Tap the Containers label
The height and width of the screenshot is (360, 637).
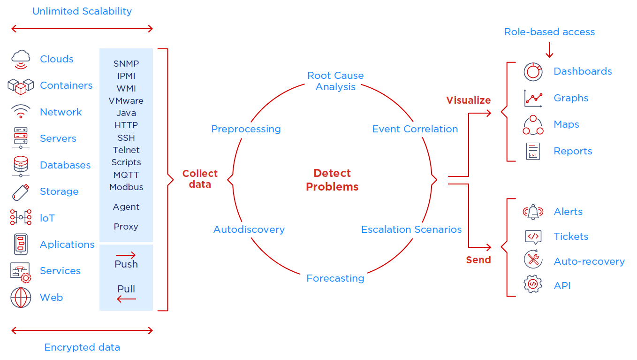(66, 85)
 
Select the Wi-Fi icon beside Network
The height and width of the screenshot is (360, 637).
(21, 112)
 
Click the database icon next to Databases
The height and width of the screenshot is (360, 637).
(21, 165)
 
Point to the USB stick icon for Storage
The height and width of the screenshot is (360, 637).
(21, 191)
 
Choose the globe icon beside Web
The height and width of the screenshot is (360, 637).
(21, 298)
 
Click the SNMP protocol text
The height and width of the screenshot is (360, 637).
(126, 63)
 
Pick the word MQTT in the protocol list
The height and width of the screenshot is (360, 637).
(126, 175)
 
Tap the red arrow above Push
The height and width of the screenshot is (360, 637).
(126, 255)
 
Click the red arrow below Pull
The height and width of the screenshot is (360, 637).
(126, 299)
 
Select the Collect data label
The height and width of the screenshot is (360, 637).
(200, 179)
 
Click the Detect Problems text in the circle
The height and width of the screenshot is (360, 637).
(332, 180)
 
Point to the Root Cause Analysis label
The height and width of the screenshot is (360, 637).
(335, 81)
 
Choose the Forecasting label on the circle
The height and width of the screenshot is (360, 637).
(335, 278)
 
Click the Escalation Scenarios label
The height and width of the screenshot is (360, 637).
(411, 230)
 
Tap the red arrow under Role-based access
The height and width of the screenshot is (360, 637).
(549, 49)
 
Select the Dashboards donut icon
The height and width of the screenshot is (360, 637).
(533, 71)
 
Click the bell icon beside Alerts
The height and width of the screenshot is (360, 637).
(533, 212)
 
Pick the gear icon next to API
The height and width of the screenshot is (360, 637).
(533, 284)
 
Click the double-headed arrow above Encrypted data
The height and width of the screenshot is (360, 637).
(82, 331)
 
